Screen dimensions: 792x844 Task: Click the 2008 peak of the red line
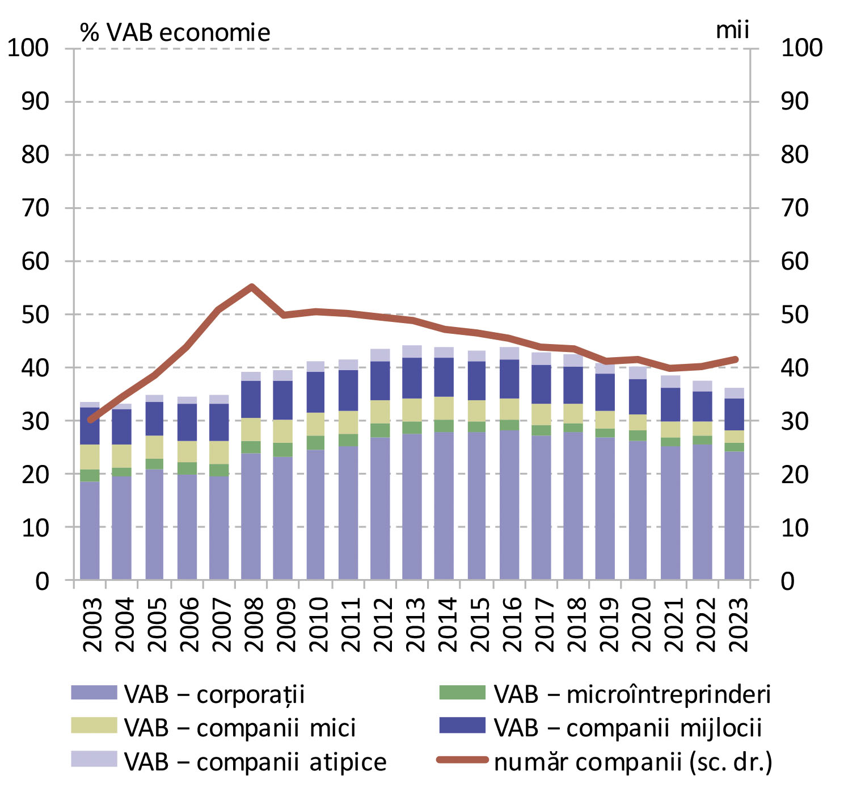point(251,287)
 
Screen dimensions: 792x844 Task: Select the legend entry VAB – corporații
point(187,694)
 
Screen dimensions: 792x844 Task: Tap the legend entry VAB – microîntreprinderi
point(605,694)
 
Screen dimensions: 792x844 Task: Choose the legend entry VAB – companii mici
point(213,728)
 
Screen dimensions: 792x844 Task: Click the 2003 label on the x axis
point(92,624)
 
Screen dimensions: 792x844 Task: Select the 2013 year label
point(416,624)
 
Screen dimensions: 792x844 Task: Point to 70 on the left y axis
point(35,208)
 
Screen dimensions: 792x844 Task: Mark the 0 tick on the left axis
point(43,581)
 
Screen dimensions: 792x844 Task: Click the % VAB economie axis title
point(175,33)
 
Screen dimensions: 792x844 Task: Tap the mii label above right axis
point(732,30)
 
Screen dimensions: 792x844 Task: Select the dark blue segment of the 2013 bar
point(412,378)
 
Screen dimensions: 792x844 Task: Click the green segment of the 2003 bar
point(90,475)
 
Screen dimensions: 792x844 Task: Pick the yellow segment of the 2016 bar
point(509,409)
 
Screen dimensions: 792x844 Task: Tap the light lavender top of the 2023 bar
point(735,393)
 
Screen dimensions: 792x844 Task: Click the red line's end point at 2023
point(736,359)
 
